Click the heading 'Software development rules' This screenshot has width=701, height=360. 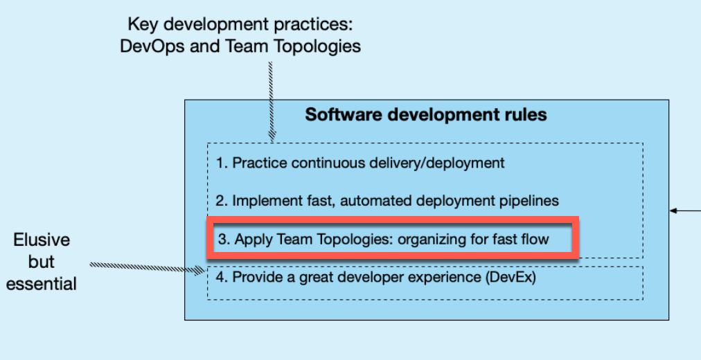(x=426, y=115)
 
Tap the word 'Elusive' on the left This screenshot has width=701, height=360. (x=42, y=240)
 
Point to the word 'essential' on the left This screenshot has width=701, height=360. (x=42, y=284)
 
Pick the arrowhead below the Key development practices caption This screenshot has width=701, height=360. (x=272, y=135)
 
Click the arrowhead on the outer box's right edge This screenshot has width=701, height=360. (x=674, y=210)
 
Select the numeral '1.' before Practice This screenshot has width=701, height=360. (x=222, y=163)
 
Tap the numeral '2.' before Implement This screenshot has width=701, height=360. (x=222, y=201)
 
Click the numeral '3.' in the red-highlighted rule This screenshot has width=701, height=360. (x=224, y=240)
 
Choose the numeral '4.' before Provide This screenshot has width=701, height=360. (x=222, y=278)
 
